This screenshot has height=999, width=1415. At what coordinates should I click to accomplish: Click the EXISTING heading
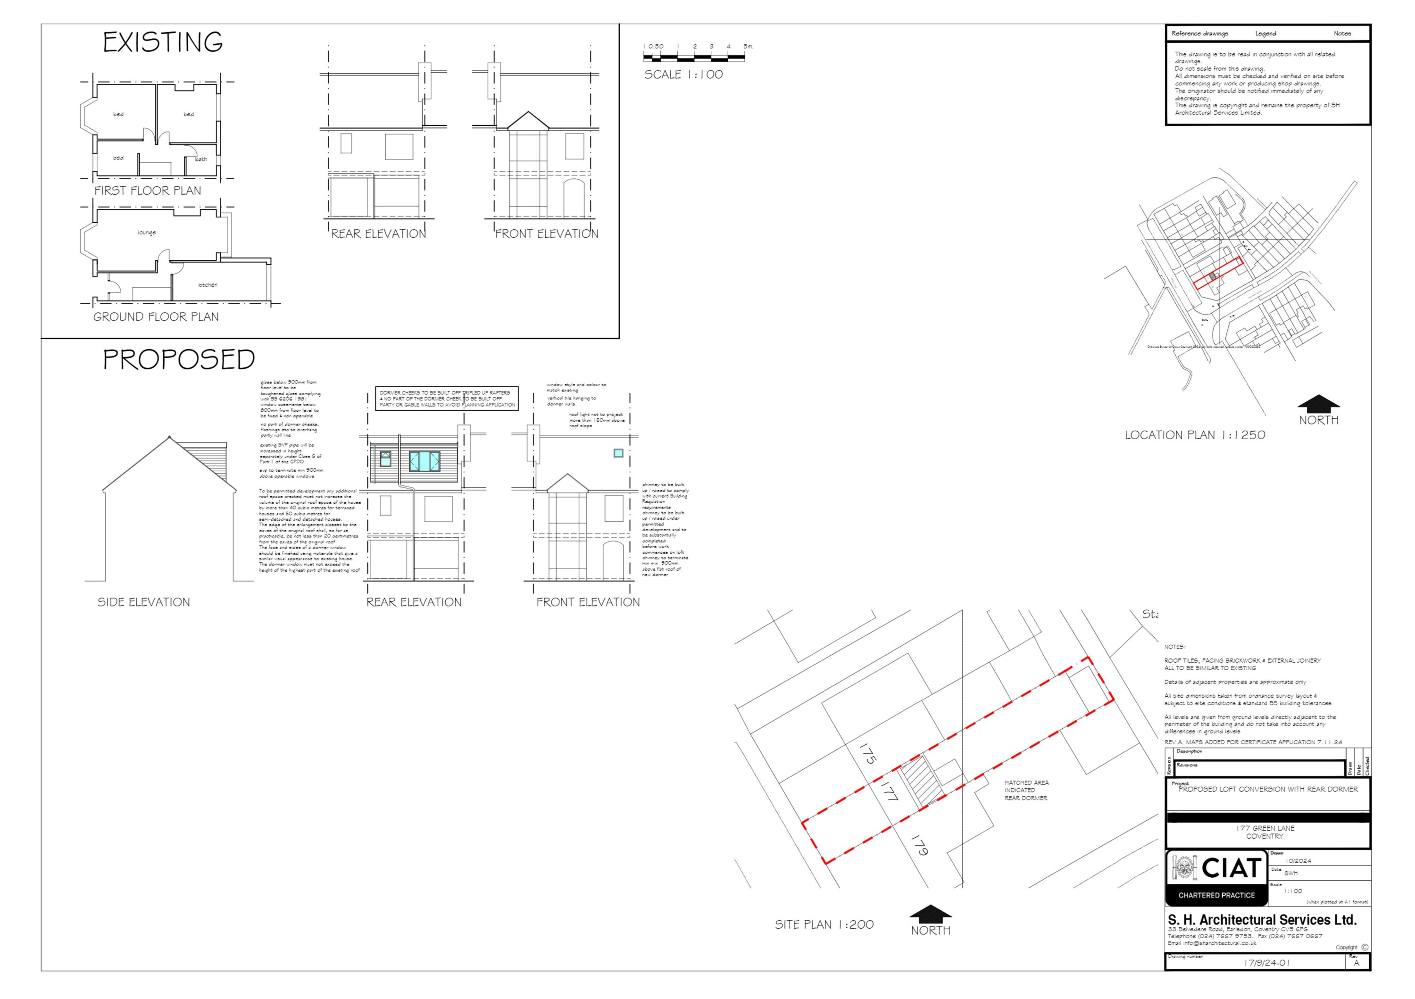tap(163, 42)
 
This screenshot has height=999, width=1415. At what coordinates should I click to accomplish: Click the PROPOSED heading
tap(179, 360)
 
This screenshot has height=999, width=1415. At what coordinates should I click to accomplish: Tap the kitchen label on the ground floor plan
tap(208, 285)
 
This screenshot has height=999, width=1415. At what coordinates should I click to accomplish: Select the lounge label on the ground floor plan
tap(147, 233)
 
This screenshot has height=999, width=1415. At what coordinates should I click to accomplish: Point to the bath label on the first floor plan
tap(201, 159)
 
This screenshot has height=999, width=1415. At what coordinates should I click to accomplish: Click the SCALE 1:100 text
tap(683, 75)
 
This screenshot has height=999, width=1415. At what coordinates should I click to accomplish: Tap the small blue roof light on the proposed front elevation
tap(618, 453)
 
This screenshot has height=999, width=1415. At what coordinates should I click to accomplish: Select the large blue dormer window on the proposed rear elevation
tap(424, 461)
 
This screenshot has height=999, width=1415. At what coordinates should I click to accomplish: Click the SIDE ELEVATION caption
tap(143, 602)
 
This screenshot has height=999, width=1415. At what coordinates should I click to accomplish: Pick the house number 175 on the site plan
tap(868, 753)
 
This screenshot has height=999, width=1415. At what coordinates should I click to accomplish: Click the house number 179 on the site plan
tap(919, 845)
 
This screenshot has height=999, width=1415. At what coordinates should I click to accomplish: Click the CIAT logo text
tap(1231, 868)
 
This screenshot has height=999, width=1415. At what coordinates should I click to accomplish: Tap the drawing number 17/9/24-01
tap(1266, 963)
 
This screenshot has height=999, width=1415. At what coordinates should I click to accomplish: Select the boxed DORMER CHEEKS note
tap(447, 399)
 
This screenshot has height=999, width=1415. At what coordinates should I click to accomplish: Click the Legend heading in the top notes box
tap(1265, 33)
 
